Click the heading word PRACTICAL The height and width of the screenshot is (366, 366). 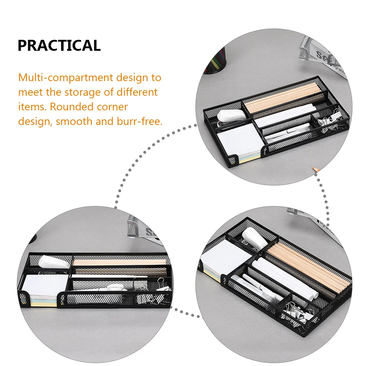[x=59, y=46]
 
